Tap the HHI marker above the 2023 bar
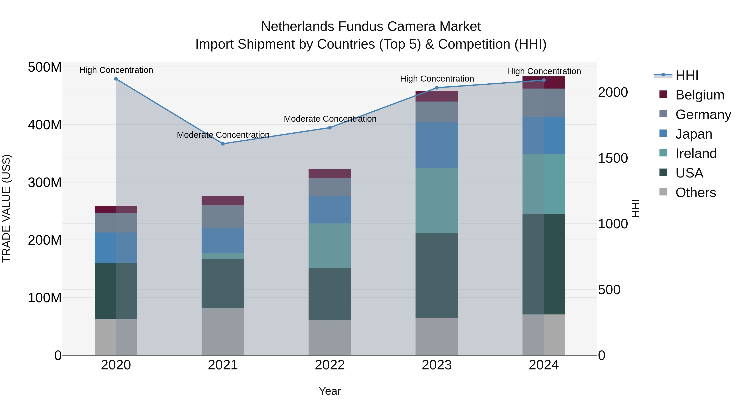pos(437,88)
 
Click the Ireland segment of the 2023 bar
pos(437,200)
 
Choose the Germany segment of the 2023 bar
pos(437,112)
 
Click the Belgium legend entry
pos(699,95)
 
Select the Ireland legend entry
pos(696,153)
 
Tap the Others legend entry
pos(695,193)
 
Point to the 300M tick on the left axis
pos(45,182)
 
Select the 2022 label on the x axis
pos(330,365)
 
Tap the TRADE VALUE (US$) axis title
pos(6,208)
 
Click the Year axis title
pos(330,391)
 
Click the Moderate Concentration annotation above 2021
pos(223,135)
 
